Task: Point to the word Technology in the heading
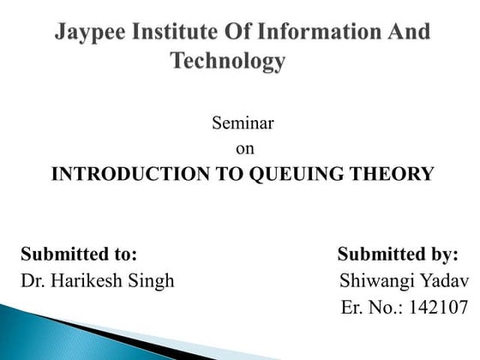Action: click(x=227, y=62)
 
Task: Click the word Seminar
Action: click(x=243, y=123)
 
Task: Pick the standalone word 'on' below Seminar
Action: click(x=243, y=148)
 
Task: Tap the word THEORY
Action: click(x=392, y=174)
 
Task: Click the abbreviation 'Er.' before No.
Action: click(x=351, y=307)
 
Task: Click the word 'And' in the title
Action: click(x=407, y=34)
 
